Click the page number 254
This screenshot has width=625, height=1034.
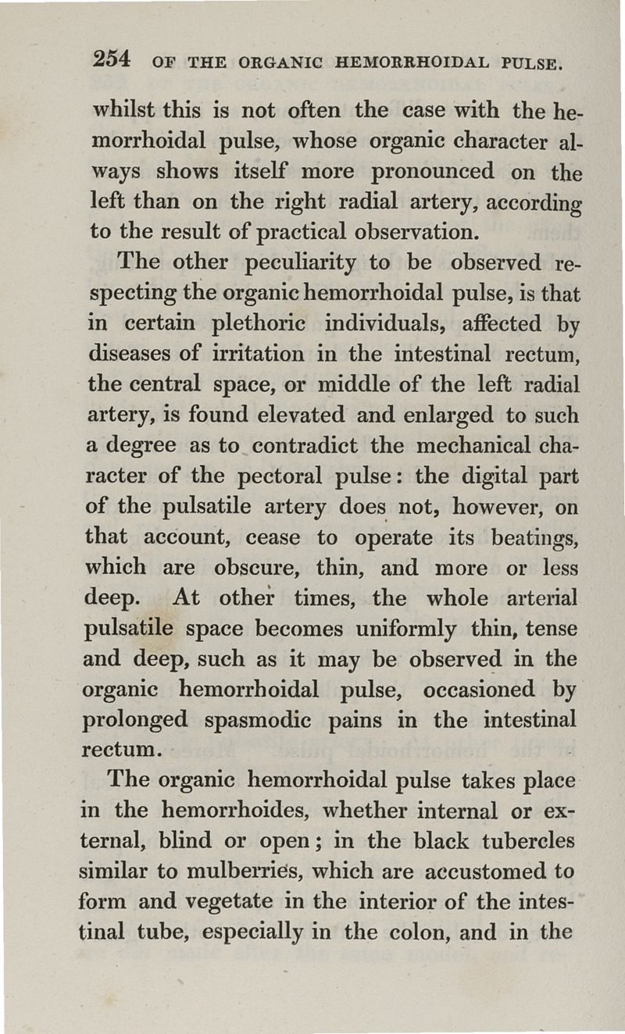pyautogui.click(x=112, y=59)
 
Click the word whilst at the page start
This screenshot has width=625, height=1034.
pyautogui.click(x=118, y=110)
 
